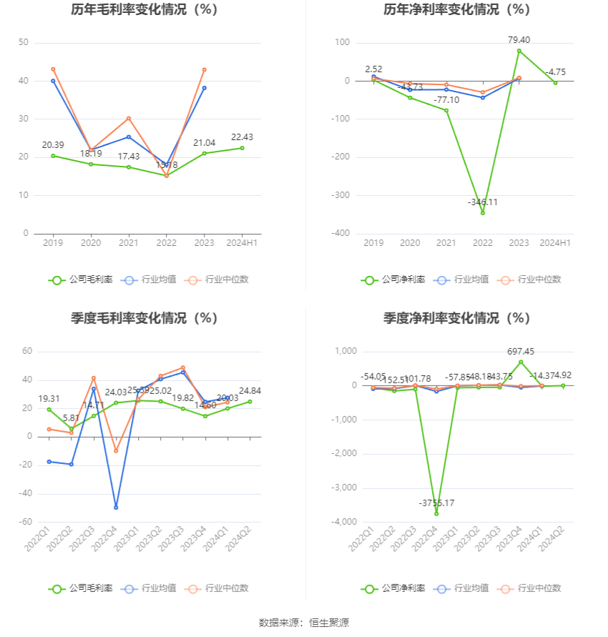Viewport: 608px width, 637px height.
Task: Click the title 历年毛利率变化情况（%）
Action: pos(144,10)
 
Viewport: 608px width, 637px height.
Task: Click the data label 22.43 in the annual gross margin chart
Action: pos(242,137)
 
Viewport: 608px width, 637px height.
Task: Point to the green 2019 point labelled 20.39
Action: pos(53,156)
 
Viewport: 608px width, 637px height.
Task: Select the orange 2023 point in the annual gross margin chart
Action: pos(204,69)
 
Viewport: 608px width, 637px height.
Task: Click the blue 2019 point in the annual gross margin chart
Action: pos(53,81)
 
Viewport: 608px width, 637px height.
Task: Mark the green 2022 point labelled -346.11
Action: pos(483,213)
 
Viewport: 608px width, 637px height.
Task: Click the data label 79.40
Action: pos(519,40)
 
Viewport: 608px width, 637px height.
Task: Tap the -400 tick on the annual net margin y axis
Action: pos(341,234)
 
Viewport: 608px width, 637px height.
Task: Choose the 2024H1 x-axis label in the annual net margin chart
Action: pos(555,244)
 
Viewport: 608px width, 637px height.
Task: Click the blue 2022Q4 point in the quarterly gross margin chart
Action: pos(116,508)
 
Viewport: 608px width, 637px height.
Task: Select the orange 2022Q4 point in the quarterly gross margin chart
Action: pos(116,450)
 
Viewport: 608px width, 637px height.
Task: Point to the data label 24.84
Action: pos(250,390)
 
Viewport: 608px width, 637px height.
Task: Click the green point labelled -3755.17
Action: pos(436,513)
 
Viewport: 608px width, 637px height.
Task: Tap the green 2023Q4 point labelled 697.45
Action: pos(521,362)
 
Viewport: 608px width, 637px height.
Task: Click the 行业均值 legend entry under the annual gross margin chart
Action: pos(145,280)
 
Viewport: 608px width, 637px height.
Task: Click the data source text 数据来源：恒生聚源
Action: pos(304,623)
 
